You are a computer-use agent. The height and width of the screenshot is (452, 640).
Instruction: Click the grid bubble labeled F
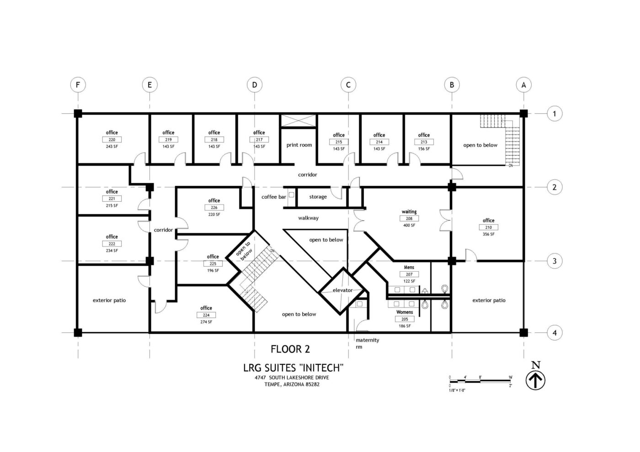point(78,85)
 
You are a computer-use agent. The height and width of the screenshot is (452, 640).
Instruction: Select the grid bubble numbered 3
point(555,262)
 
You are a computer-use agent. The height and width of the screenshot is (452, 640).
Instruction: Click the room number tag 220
point(112,140)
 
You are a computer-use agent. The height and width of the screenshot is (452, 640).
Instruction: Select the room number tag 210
point(488,227)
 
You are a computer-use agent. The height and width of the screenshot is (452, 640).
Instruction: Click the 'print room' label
point(299,145)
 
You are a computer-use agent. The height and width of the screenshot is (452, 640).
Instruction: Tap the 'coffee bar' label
point(273,197)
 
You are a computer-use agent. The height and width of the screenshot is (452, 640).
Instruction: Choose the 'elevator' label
point(342,290)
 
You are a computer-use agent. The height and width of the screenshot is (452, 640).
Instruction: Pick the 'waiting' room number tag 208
point(409,219)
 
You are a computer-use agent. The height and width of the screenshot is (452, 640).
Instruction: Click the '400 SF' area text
point(409,226)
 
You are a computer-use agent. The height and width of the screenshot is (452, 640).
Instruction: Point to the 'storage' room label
point(318,197)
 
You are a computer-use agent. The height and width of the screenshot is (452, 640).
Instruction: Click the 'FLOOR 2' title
point(290,349)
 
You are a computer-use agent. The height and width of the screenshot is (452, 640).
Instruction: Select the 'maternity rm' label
point(367,343)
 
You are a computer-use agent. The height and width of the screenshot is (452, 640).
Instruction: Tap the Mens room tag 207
point(409,274)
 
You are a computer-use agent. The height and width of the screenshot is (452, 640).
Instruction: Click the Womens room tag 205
point(405,319)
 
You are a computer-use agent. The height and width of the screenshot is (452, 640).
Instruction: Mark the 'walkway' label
point(308,218)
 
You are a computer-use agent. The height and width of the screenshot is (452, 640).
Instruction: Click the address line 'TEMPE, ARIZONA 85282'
point(292,384)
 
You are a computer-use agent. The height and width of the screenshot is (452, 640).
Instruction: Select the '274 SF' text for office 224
point(206,322)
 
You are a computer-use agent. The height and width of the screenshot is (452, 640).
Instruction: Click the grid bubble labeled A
point(524,85)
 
